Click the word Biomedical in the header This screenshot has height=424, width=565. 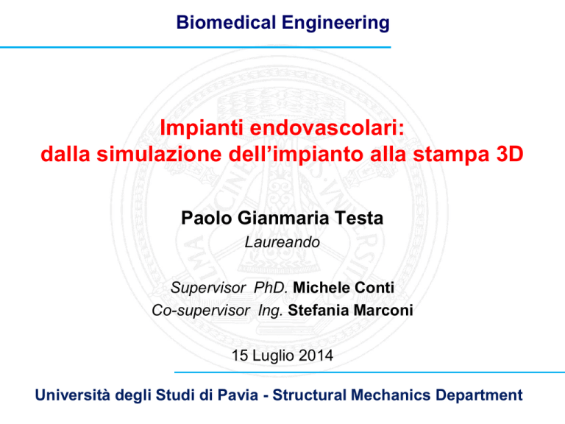click(226, 22)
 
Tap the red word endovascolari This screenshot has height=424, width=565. click(327, 127)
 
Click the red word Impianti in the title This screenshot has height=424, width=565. click(202, 128)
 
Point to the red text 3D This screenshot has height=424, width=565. click(510, 154)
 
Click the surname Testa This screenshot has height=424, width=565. click(359, 218)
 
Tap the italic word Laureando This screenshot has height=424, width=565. click(282, 242)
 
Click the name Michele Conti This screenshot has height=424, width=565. click(344, 288)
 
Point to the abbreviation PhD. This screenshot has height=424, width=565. click(271, 288)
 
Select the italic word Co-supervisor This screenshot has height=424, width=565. click(201, 311)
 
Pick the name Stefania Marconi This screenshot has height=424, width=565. click(350, 311)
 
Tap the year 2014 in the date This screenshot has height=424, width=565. click(316, 356)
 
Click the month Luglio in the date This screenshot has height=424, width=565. click(273, 356)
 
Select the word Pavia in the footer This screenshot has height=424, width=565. click(238, 395)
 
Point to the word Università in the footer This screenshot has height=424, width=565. click(72, 395)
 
